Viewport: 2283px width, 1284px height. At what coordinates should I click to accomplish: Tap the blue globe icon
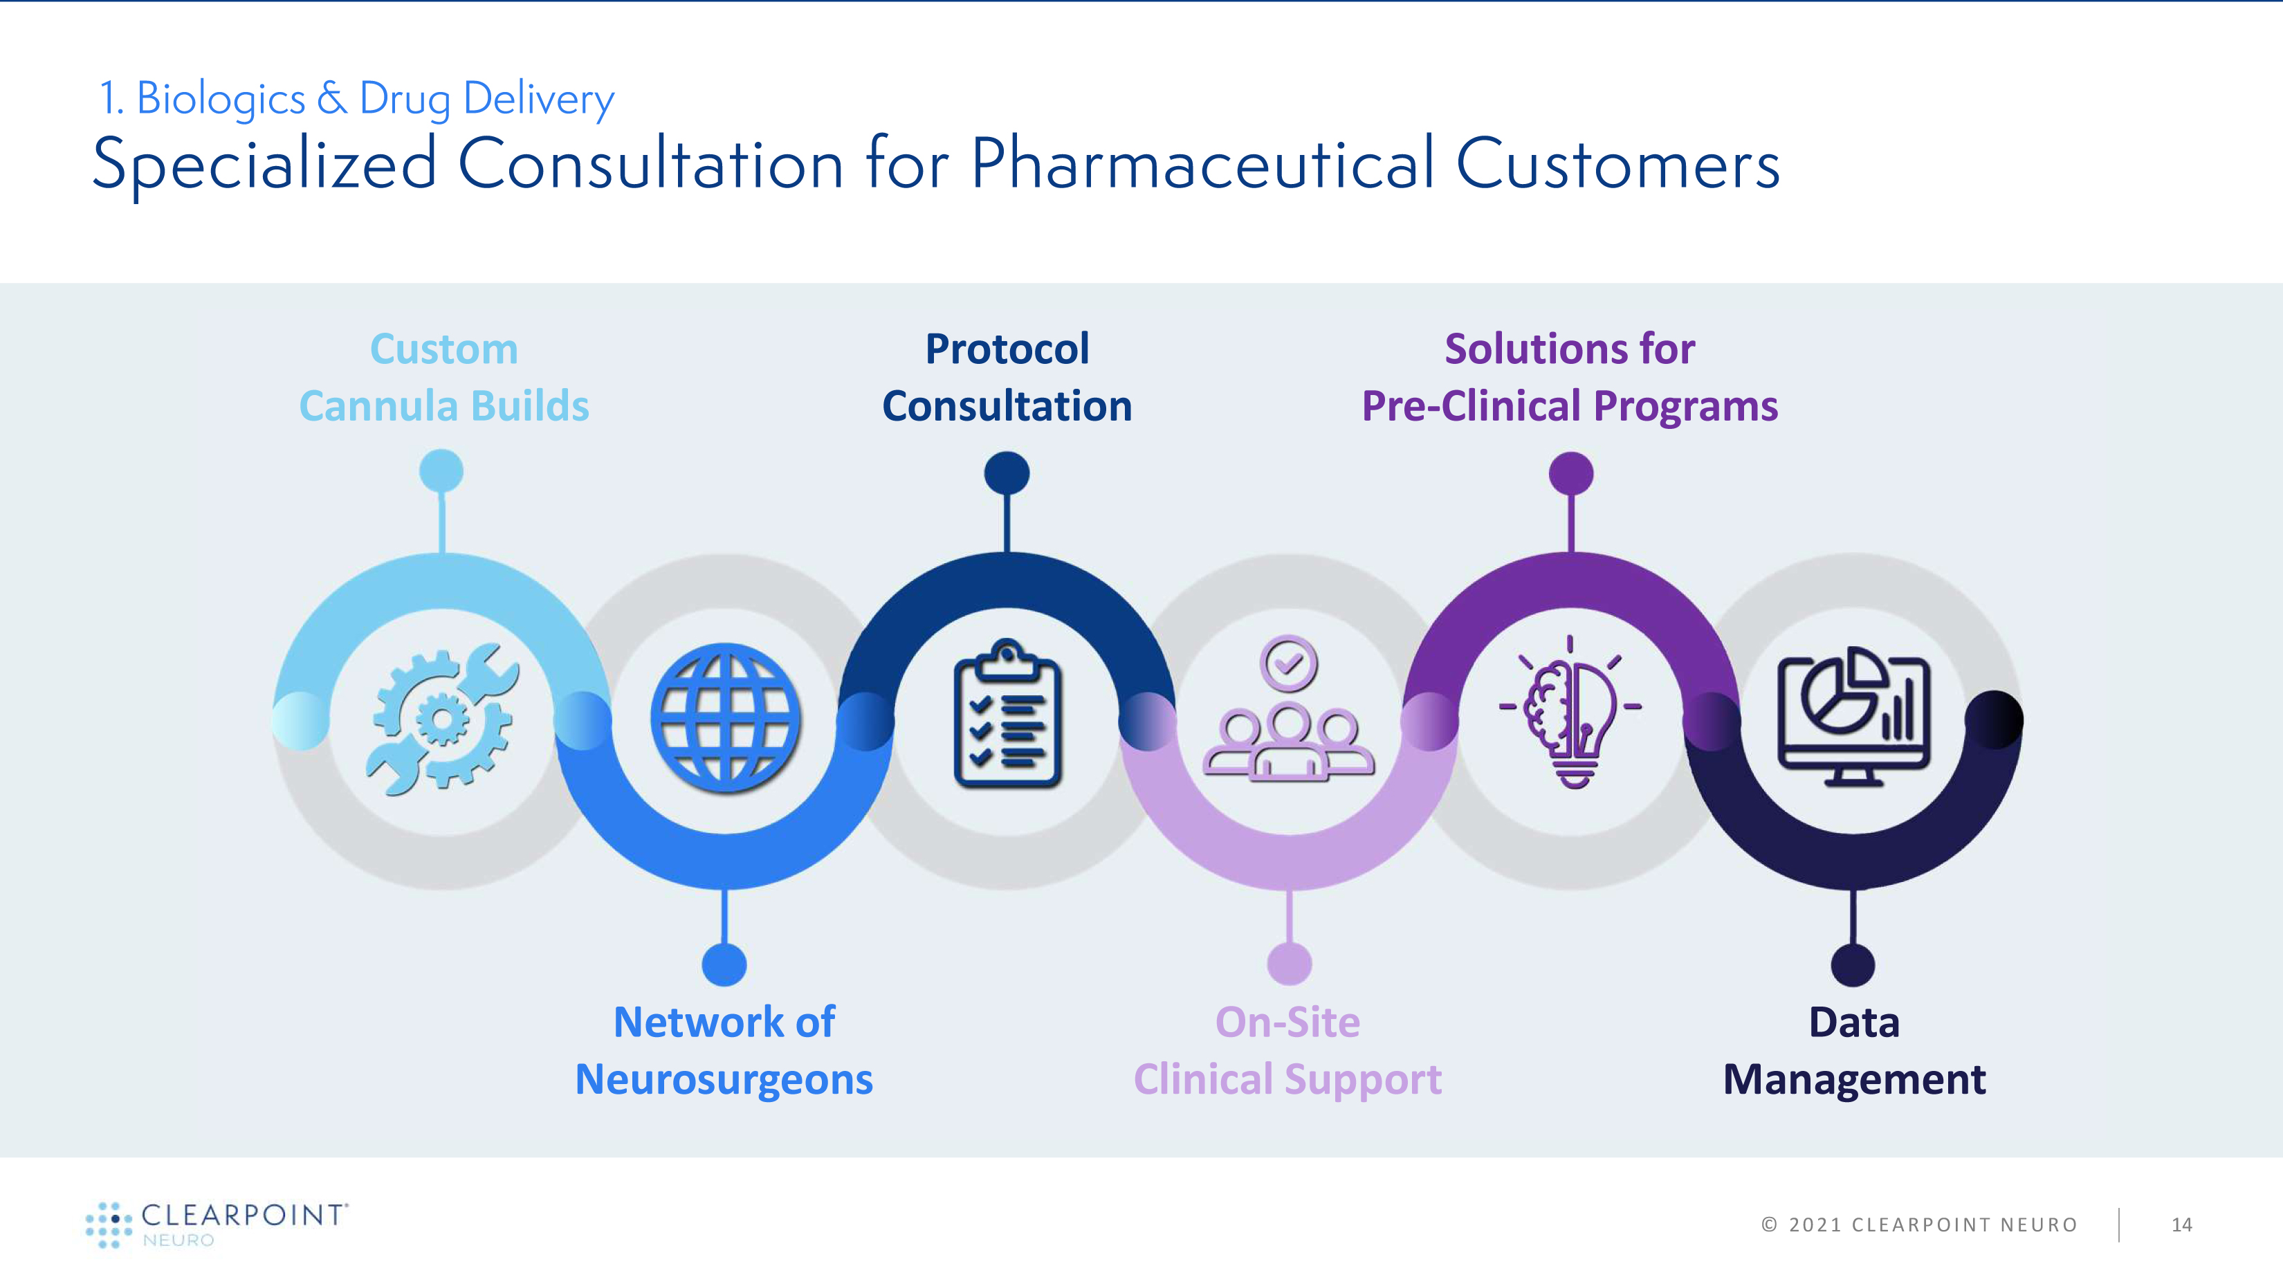click(725, 718)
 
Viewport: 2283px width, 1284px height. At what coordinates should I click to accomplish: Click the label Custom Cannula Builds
click(444, 378)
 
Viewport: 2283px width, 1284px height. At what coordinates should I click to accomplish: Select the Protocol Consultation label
click(1007, 378)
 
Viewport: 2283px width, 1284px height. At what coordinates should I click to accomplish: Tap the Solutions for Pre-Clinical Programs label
click(1570, 378)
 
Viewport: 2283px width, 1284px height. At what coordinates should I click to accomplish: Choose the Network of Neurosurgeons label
click(724, 1051)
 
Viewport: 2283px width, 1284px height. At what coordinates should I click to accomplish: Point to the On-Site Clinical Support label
click(1287, 1051)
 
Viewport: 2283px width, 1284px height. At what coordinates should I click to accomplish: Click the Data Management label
click(1854, 1051)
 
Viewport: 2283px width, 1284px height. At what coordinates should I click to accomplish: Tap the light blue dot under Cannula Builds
click(441, 470)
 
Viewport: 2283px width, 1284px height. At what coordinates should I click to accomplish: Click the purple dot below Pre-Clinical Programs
click(1571, 473)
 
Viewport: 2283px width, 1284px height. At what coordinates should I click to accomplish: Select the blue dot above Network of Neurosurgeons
click(724, 964)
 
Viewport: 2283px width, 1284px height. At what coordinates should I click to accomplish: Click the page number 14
click(2182, 1225)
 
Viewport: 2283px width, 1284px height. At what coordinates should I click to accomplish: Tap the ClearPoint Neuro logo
click(217, 1225)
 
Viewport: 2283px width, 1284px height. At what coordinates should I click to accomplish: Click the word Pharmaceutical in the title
click(1202, 165)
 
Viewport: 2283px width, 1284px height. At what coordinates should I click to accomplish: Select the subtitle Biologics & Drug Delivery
click(357, 98)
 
